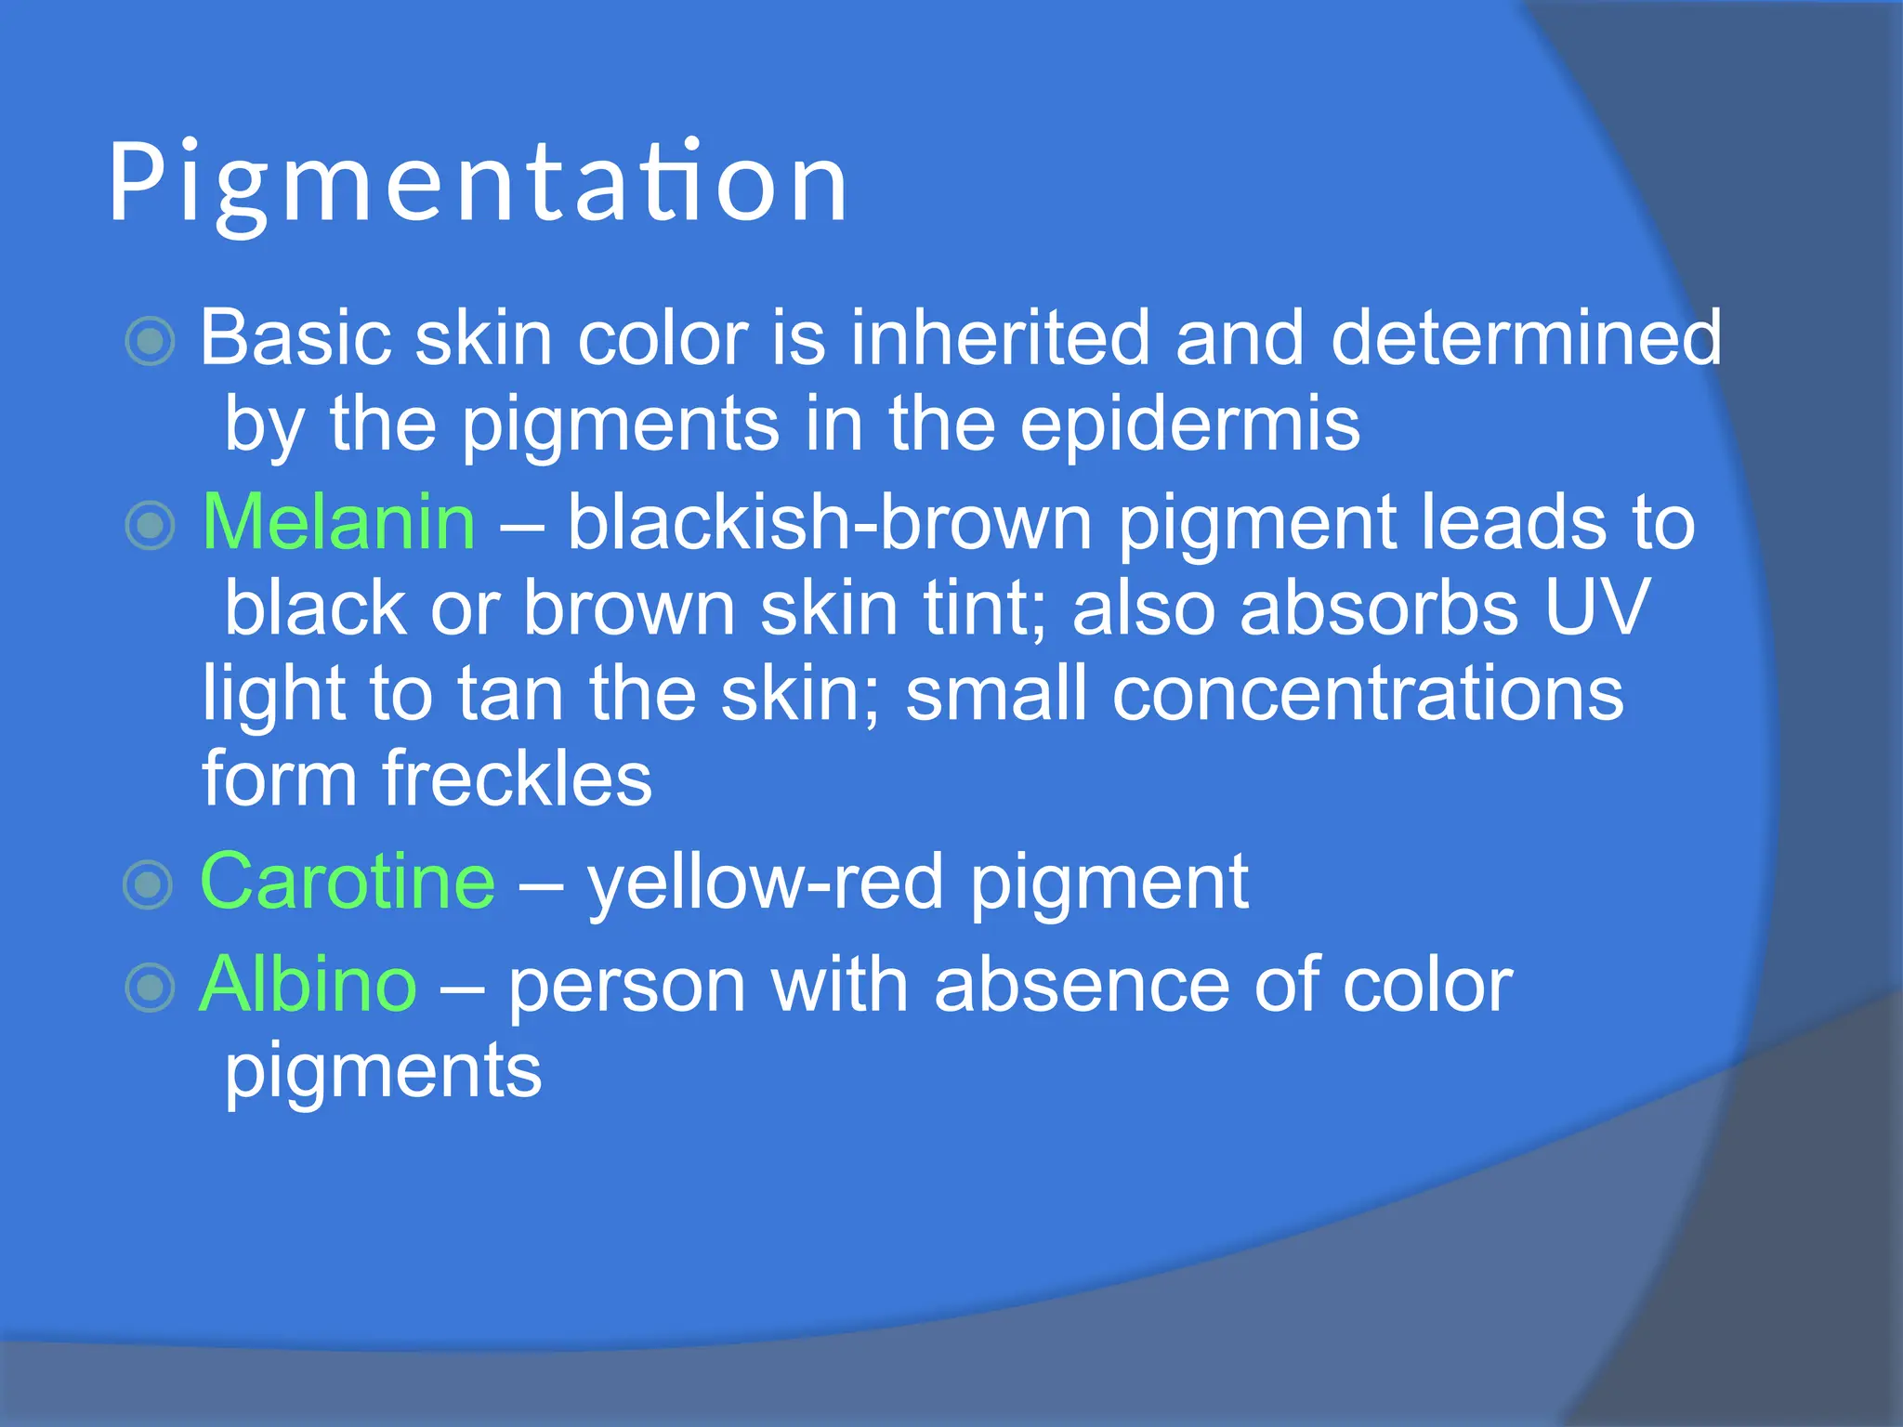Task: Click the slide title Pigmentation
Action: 478,183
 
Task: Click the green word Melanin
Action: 338,523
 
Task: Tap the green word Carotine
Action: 348,881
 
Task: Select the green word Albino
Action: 308,985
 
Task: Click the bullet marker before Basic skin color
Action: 150,341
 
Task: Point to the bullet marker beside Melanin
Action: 150,526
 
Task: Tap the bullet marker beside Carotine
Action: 149,884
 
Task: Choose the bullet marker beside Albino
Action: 150,988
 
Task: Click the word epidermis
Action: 1189,425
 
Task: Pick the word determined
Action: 1526,338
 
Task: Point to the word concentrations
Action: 1368,694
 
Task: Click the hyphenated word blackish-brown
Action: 829,523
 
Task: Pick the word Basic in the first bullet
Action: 295,338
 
